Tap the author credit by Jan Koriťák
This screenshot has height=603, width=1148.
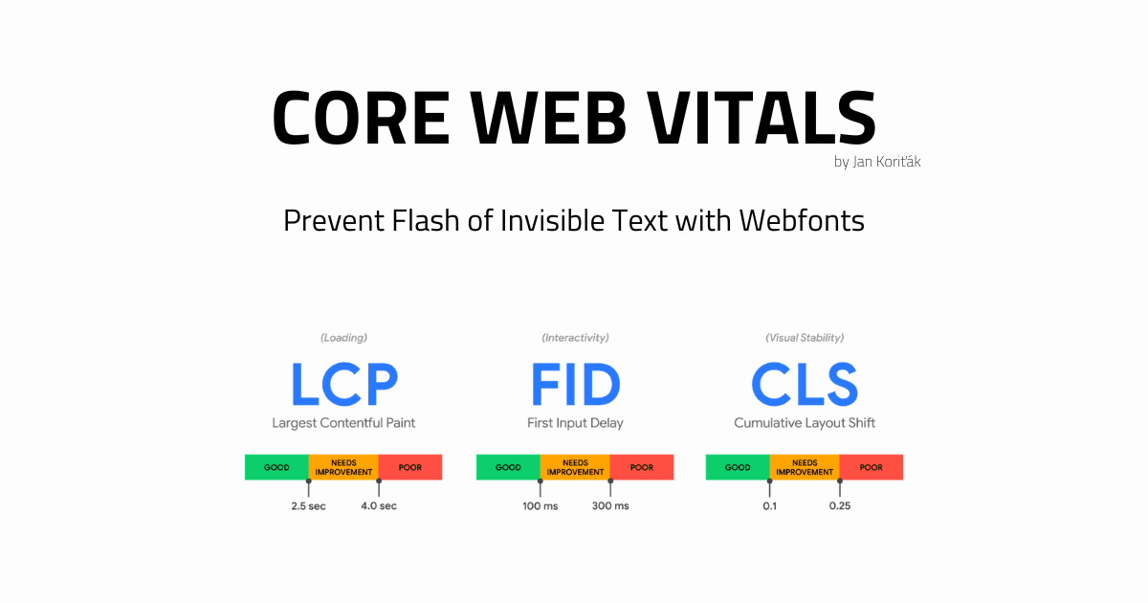coord(877,162)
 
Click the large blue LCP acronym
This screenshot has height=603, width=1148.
coord(343,384)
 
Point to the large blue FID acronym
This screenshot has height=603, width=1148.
coord(575,384)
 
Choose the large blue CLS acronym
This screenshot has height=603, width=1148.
coord(805,384)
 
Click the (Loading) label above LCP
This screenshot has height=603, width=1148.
coord(343,338)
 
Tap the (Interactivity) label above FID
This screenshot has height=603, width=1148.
coord(575,338)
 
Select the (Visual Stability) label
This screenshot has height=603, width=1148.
coord(805,338)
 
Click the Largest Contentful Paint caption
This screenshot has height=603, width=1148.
coord(343,422)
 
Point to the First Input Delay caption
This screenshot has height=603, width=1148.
coord(575,422)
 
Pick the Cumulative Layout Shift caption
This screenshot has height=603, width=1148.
coord(805,422)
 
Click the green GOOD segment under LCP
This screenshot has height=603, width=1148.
coord(276,467)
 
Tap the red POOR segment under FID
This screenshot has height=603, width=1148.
coord(642,467)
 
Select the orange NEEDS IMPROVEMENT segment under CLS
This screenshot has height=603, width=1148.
coord(805,467)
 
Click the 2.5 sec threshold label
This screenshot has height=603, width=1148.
coord(308,505)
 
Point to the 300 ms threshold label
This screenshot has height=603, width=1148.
coord(610,505)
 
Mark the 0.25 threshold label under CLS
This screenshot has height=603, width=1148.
coord(840,505)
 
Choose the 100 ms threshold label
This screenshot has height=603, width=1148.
coord(541,505)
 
